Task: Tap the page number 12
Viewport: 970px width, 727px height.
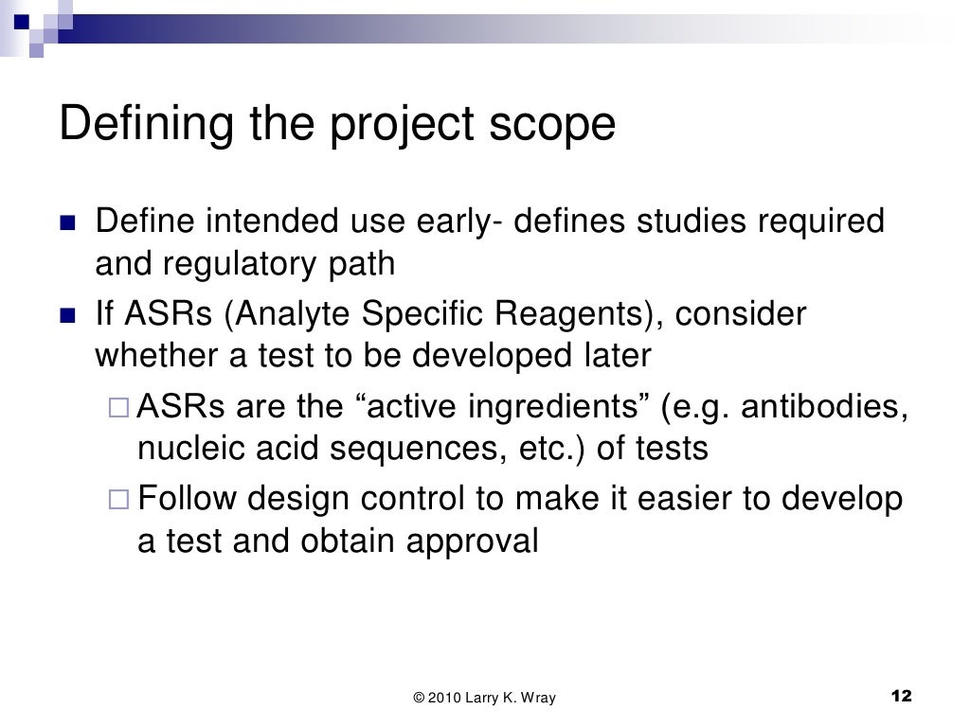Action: pyautogui.click(x=901, y=697)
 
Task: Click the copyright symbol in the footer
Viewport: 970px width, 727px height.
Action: pyautogui.click(x=419, y=699)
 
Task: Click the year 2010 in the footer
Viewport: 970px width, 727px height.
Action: pyautogui.click(x=442, y=699)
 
